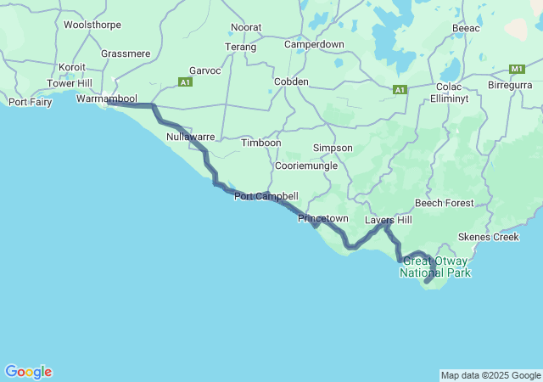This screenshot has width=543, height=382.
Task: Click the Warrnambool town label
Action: coord(106,98)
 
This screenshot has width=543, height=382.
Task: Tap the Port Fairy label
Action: coord(30,102)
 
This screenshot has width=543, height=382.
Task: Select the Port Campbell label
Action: coord(266,196)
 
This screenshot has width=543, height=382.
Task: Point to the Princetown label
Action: coord(322,218)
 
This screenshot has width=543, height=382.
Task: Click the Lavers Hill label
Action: coord(388,220)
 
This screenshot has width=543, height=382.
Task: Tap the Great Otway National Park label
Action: coord(435,267)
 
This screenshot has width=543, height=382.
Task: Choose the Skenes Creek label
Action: coord(488,236)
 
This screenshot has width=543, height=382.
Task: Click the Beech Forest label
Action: coord(444,203)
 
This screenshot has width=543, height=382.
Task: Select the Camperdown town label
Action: coord(314,43)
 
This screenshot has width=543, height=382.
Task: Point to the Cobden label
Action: coord(291,81)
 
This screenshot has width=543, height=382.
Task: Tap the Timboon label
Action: coord(260,143)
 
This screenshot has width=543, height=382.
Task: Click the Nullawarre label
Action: coord(190,136)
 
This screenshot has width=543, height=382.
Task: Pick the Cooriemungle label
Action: coord(305,166)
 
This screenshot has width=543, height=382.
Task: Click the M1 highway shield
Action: coord(517,69)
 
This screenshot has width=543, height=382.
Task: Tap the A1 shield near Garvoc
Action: coord(186,81)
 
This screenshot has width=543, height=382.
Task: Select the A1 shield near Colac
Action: coord(400,89)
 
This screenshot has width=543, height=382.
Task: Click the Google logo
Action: coord(28,372)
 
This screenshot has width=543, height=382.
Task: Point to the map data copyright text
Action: coord(490,375)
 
